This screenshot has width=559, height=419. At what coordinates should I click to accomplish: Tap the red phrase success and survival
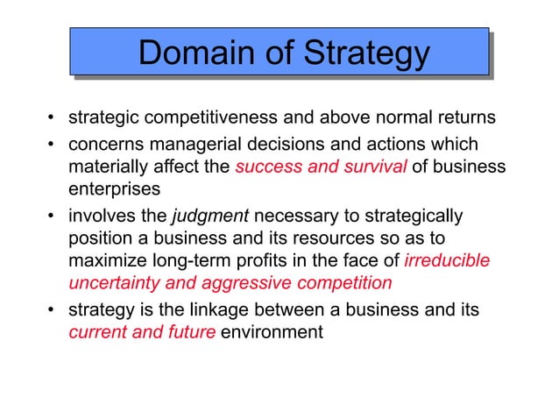(321, 167)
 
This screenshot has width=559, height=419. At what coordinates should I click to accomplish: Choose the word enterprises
(111, 189)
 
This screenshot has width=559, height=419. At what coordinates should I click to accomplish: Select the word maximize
(104, 261)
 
